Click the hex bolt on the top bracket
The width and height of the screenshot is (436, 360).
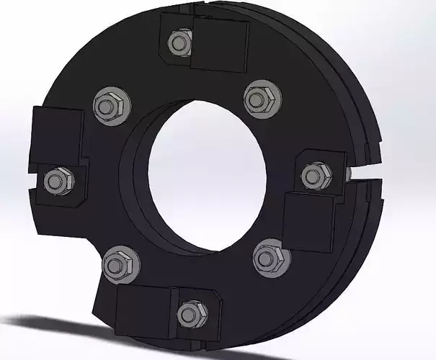coord(178,43)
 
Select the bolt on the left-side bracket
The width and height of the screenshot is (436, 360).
coord(56,180)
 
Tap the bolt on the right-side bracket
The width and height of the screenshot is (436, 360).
coord(315,175)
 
